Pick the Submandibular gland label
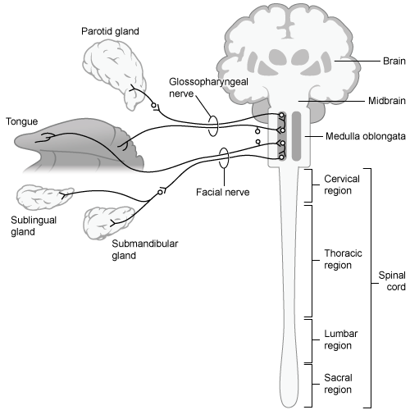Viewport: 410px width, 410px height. coord(134,248)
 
